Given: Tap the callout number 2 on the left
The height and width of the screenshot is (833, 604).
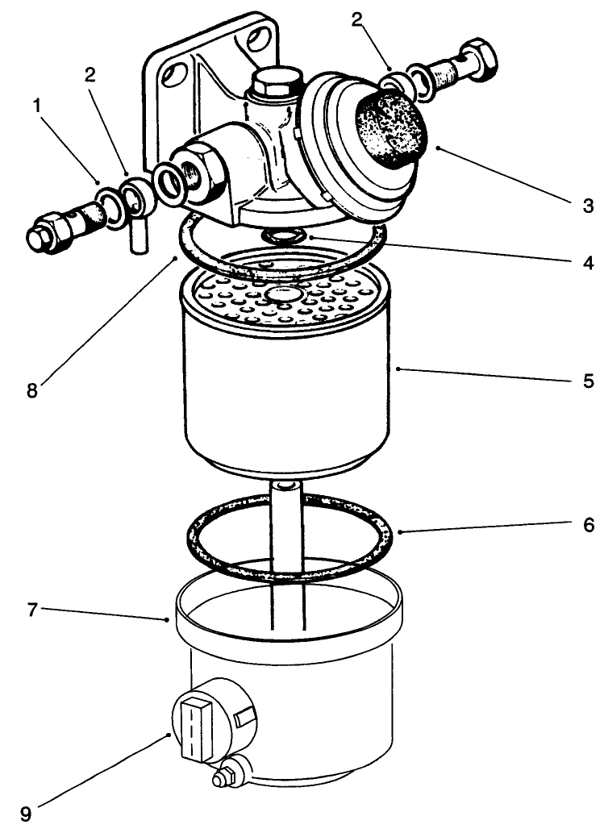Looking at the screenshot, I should (90, 74).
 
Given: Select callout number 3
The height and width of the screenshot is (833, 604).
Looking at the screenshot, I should (588, 206).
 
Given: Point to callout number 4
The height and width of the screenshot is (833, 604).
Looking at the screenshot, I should (588, 263).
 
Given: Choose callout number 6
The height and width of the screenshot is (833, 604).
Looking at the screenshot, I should (588, 526).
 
